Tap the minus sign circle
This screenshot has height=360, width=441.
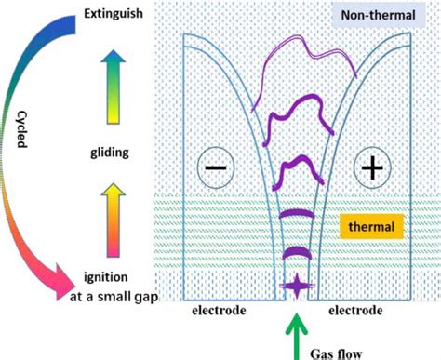[213, 168]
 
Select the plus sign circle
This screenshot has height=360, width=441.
[372, 168]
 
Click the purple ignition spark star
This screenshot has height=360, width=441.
[297, 287]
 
